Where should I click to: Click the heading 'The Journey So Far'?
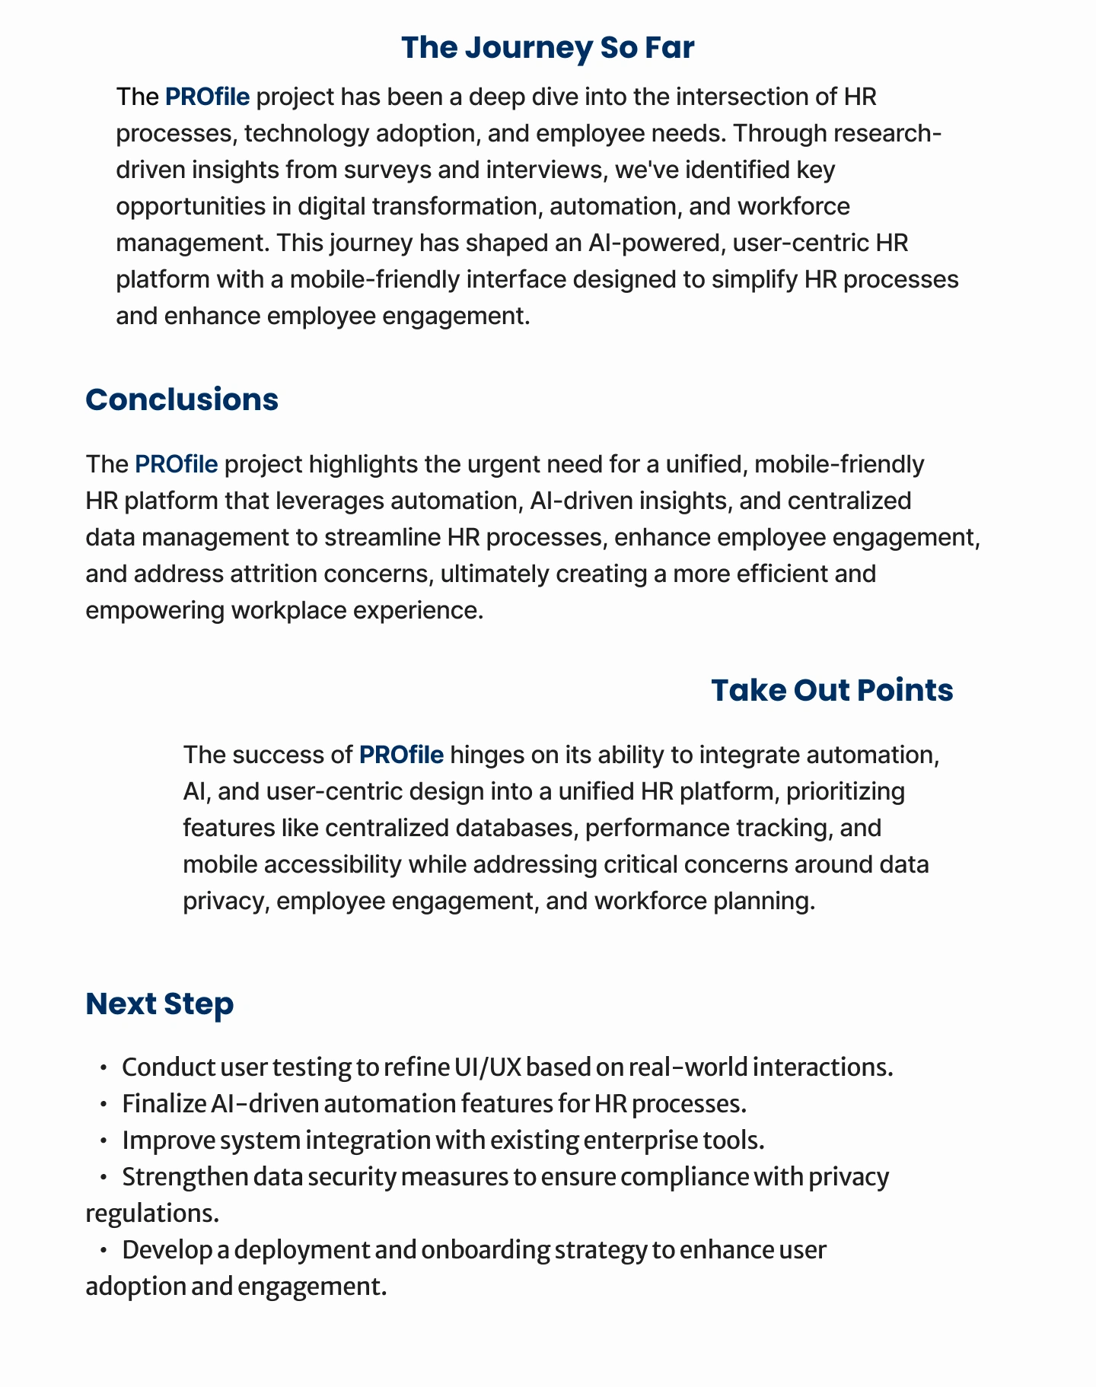tap(547, 48)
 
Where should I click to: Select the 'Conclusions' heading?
tap(182, 400)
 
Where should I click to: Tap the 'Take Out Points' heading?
tap(831, 691)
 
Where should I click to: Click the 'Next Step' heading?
tap(159, 1004)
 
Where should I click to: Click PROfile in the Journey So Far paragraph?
tap(207, 97)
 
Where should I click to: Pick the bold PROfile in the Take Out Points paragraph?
tap(401, 755)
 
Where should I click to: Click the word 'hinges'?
tap(493, 755)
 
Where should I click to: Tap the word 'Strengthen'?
tap(185, 1177)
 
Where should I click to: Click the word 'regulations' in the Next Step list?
tap(151, 1214)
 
